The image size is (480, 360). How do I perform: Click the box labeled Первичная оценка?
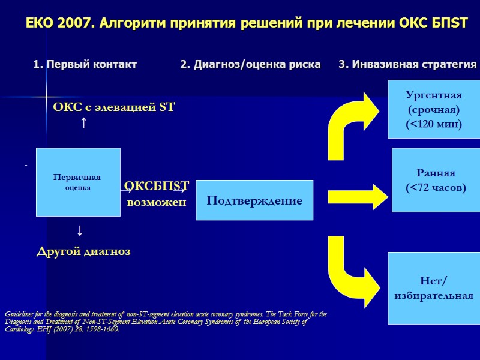(78, 182)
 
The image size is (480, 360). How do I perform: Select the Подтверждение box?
(254, 200)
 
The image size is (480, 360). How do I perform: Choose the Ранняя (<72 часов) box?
(436, 181)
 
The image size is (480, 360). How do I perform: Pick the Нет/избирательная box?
(434, 288)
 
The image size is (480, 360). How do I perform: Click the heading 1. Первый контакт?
(85, 64)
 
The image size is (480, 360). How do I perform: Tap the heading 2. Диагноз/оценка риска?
(250, 64)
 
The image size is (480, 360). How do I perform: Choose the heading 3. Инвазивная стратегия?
(407, 64)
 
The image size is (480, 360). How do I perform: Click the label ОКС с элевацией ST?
(114, 108)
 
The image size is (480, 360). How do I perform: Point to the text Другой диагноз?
(83, 251)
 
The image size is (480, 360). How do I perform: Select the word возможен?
(157, 202)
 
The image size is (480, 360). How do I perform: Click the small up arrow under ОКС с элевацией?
(83, 123)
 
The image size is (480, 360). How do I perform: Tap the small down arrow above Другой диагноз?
(79, 230)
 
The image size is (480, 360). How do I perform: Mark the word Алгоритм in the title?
(129, 23)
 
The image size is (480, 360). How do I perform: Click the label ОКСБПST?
(157, 186)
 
